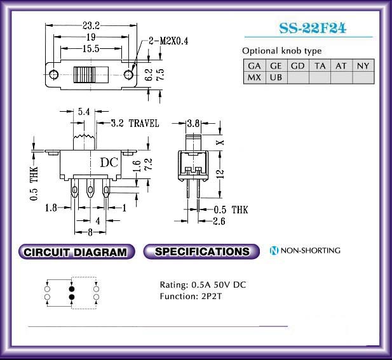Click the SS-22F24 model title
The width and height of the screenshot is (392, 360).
313,28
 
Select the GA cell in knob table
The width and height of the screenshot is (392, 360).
255,66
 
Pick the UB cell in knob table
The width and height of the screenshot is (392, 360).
276,77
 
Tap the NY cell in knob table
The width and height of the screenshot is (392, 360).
363,66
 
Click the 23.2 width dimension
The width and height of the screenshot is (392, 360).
91,25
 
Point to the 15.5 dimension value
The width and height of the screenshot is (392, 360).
91,48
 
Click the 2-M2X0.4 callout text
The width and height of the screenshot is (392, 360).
168,41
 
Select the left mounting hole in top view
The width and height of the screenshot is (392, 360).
54,74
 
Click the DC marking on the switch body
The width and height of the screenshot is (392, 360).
109,163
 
